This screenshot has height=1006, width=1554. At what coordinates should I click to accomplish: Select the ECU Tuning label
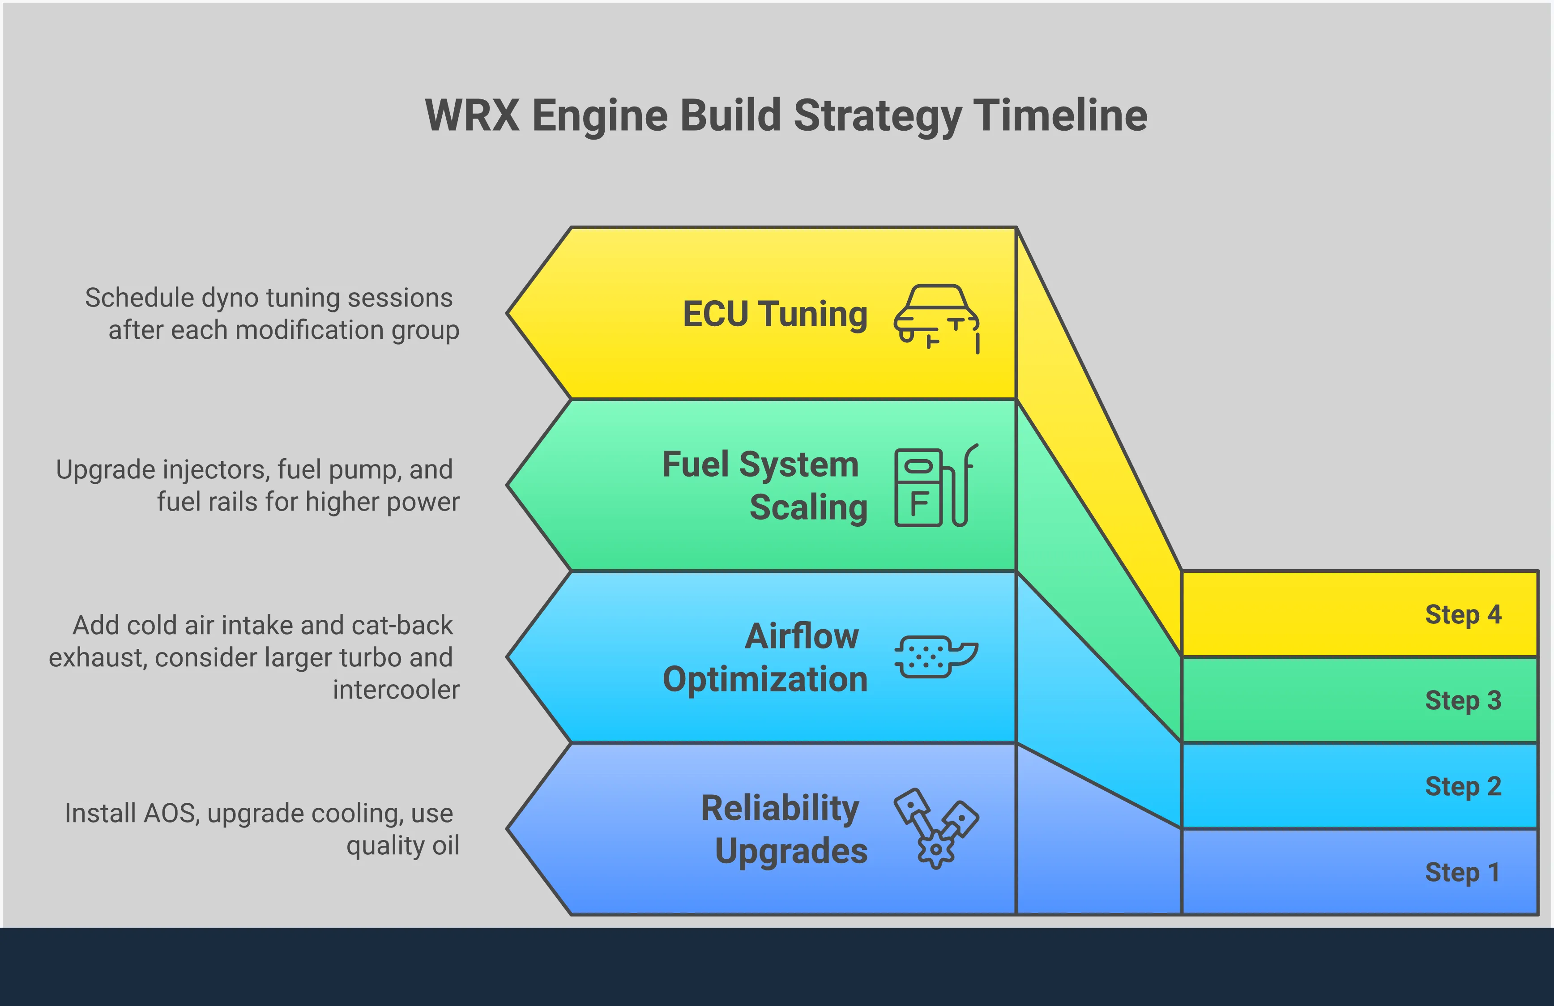(775, 314)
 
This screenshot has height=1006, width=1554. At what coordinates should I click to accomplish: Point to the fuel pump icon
(935, 486)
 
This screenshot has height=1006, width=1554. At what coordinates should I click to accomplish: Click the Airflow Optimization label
(765, 658)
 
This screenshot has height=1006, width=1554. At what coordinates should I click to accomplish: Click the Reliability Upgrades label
(784, 830)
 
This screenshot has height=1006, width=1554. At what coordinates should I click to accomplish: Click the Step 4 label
(1463, 615)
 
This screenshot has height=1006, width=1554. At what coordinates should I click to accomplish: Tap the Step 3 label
(1463, 700)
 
